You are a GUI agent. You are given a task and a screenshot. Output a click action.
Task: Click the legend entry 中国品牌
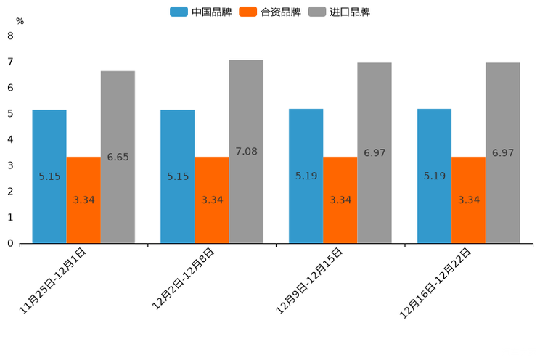click(202, 12)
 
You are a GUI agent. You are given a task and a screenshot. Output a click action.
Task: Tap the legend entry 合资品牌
click(271, 12)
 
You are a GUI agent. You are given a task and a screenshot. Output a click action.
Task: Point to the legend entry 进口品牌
click(340, 12)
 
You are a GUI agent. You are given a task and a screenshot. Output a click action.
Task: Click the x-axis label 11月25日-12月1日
click(54, 280)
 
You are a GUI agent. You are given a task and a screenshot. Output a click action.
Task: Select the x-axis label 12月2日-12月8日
click(184, 279)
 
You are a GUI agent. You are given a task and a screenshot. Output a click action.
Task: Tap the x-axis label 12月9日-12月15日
click(310, 281)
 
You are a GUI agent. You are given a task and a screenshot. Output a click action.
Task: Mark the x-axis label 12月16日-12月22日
click(436, 282)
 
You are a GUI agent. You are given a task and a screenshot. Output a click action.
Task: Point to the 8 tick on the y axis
click(10, 36)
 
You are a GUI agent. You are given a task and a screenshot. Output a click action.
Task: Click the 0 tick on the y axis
click(10, 243)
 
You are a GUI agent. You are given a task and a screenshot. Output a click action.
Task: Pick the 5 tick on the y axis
click(10, 113)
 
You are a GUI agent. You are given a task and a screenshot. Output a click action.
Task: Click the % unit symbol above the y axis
click(20, 21)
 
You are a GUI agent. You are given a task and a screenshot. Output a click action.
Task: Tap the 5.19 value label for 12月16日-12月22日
click(435, 176)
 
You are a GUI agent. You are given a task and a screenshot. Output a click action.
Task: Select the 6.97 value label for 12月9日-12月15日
click(375, 153)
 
